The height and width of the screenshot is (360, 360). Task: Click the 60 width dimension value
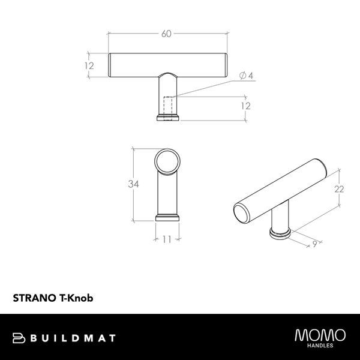click(166, 34)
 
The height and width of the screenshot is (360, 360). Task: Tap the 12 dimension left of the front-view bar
click(90, 66)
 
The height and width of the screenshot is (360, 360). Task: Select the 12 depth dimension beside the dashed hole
click(245, 106)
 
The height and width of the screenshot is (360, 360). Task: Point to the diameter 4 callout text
click(247, 76)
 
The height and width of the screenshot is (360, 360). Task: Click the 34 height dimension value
click(133, 185)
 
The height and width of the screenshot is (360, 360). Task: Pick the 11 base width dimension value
click(167, 239)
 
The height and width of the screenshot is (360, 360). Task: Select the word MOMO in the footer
click(320, 334)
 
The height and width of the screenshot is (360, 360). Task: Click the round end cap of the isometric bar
click(242, 212)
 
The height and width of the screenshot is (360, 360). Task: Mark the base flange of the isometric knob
click(280, 233)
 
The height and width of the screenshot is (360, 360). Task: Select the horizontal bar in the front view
click(167, 64)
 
